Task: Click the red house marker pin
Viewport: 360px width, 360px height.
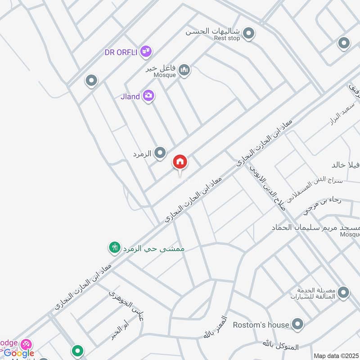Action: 180,162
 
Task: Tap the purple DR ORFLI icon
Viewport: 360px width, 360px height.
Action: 145,52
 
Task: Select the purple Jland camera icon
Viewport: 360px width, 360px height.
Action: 148,95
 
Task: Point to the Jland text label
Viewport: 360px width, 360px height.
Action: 130,96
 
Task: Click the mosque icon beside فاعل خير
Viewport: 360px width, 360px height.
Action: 184,70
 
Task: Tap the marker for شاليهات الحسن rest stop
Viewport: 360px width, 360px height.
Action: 248,33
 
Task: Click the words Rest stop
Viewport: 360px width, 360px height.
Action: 227,39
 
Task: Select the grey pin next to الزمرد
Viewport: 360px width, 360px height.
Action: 160,153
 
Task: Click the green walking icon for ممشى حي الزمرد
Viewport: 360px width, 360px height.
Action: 114,247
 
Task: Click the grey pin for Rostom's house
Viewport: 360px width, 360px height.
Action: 297,324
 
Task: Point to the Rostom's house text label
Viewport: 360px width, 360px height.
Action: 261,324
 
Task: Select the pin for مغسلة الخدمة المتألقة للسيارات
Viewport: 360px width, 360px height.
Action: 344,293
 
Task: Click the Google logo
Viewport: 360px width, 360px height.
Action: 19,353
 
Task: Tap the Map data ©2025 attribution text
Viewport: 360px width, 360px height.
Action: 336,356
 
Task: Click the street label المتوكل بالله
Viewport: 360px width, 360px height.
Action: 281,345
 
